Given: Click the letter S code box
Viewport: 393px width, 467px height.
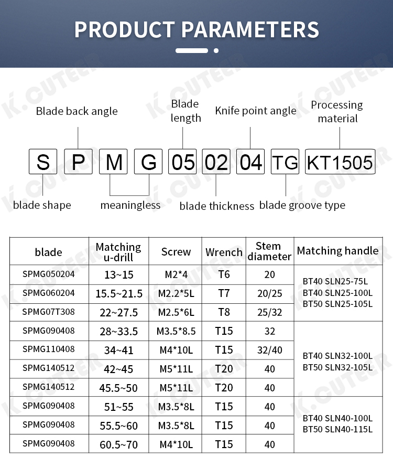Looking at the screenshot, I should (43, 162).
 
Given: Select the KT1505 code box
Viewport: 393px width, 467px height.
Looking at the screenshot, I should (340, 162).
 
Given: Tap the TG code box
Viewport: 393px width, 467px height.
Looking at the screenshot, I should (286, 162).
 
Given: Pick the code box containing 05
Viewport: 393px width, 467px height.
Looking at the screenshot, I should (182, 162).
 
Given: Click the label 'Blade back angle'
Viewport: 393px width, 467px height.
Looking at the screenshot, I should (77, 111).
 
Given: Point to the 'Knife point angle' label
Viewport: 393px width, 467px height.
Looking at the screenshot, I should (256, 111).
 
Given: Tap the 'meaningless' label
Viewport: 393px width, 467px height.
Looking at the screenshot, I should (130, 205).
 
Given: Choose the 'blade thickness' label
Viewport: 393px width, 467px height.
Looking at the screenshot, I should (216, 206).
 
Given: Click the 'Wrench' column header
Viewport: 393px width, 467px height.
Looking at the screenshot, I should (224, 252).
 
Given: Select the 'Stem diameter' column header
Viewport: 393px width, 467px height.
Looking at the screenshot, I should (269, 251).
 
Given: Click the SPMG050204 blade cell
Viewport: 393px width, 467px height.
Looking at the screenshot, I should (49, 274).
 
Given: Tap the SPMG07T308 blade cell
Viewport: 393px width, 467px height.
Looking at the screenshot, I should (49, 312).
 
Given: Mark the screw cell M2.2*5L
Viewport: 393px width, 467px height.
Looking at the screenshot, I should (176, 293).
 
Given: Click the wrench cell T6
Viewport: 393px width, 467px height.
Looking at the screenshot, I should (224, 274).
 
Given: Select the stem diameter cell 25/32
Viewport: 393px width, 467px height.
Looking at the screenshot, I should (269, 312).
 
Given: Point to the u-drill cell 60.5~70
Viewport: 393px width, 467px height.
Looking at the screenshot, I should (119, 445).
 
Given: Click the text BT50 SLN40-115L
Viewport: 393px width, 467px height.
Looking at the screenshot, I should (337, 429).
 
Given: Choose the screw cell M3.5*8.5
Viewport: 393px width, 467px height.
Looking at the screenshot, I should (176, 332).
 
